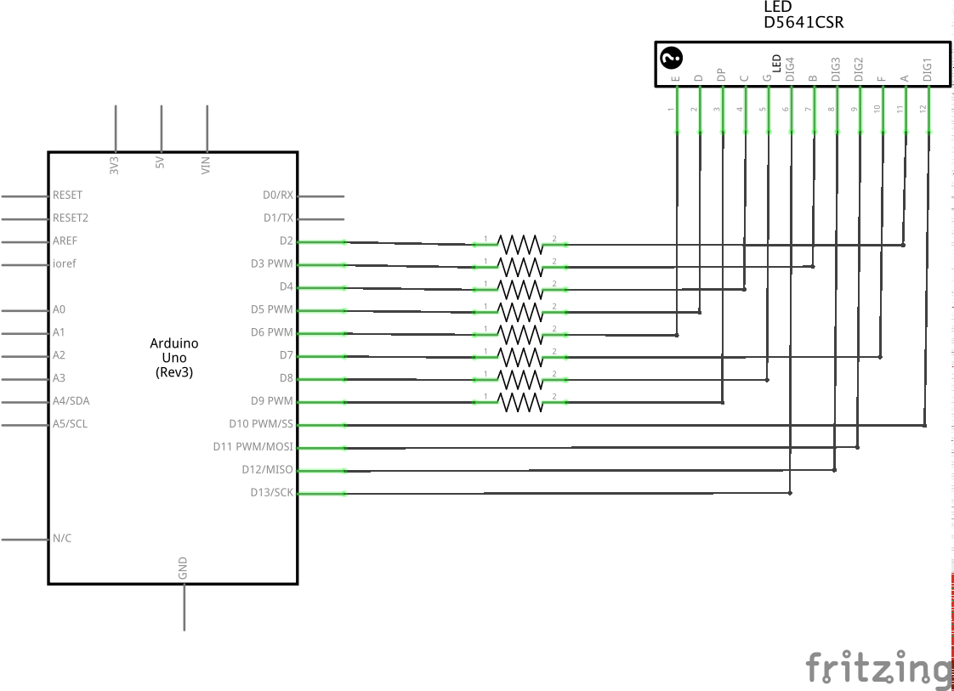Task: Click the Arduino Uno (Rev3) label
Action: (174, 358)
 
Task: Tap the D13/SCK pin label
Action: (271, 492)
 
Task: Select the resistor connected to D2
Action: (520, 245)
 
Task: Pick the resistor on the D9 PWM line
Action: (520, 402)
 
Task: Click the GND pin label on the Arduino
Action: (183, 568)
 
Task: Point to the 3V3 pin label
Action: (114, 166)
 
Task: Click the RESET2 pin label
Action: (70, 218)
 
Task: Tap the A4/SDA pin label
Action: (71, 401)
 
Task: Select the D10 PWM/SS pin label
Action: (261, 423)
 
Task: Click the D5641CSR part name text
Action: (804, 22)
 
